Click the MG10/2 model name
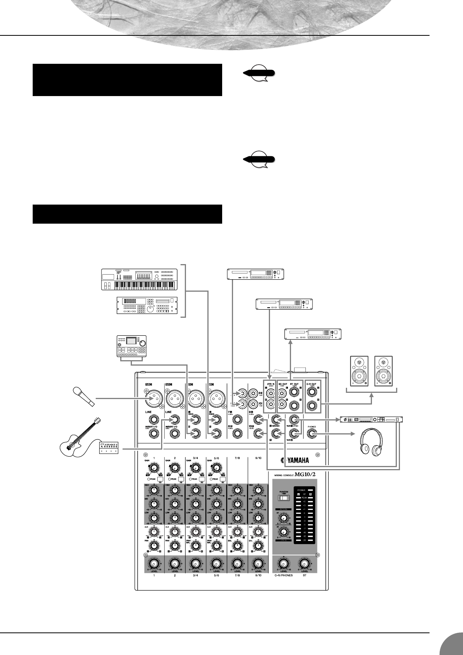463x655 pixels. click(x=307, y=474)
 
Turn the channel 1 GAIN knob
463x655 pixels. click(x=154, y=468)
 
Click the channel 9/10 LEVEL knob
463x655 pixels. click(x=258, y=564)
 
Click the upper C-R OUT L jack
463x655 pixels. click(x=311, y=389)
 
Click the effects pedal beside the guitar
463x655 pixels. click(x=110, y=448)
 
